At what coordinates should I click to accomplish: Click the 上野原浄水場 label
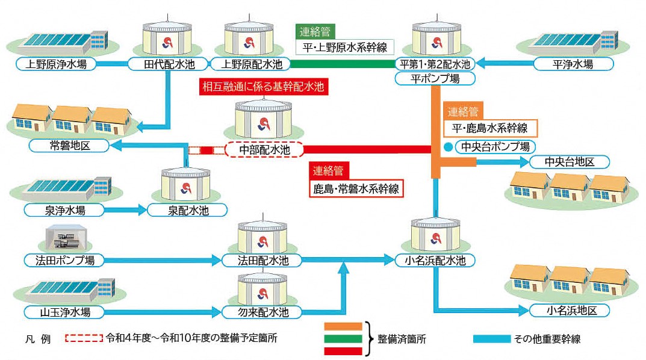(57, 64)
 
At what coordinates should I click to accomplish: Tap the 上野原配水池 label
(250, 64)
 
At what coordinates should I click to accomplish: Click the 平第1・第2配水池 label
(435, 64)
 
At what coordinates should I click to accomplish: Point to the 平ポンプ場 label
(435, 78)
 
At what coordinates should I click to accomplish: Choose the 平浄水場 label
(573, 64)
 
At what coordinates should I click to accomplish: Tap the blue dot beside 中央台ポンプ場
(447, 146)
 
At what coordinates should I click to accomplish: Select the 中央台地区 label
(570, 162)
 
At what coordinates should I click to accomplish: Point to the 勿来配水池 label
(262, 312)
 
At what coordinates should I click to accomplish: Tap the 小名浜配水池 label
(435, 261)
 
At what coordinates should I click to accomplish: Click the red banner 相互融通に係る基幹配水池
(262, 87)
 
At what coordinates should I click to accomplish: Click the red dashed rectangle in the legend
(83, 338)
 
